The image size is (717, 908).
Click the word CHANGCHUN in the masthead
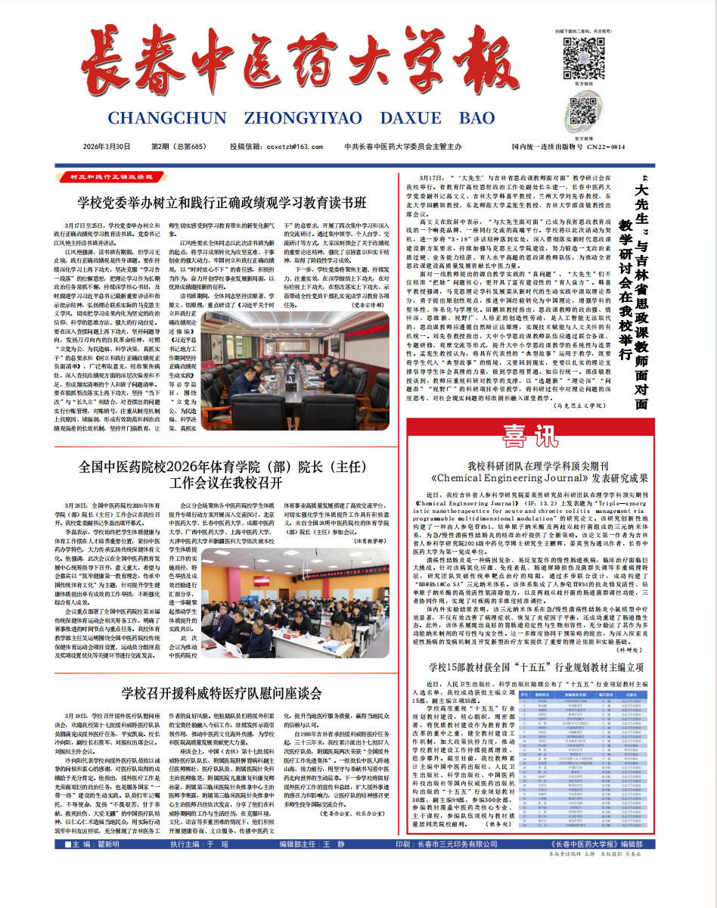click(x=167, y=118)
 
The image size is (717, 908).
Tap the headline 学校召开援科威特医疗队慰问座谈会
click(x=222, y=693)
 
